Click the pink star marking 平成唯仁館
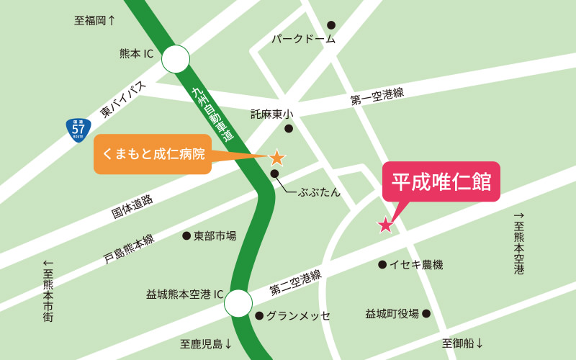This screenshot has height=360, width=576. [385, 225]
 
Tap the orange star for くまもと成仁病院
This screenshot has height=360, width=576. [276, 157]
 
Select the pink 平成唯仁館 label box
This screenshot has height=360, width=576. [441, 181]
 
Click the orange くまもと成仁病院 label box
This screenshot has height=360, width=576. [153, 153]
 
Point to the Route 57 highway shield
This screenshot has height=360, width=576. [78, 130]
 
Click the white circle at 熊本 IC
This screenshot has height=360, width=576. [175, 59]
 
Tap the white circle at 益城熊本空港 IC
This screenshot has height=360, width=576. [238, 303]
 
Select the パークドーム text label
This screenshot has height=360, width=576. [303, 39]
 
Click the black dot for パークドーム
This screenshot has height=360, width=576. [331, 25]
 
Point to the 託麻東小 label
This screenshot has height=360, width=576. [272, 114]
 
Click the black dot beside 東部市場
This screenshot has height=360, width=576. [186, 235]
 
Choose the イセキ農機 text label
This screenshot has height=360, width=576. [416, 265]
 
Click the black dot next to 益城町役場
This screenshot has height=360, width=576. [426, 313]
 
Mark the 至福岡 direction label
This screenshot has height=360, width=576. [94, 20]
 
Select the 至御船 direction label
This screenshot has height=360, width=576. [463, 343]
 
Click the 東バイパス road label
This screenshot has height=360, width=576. [123, 99]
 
